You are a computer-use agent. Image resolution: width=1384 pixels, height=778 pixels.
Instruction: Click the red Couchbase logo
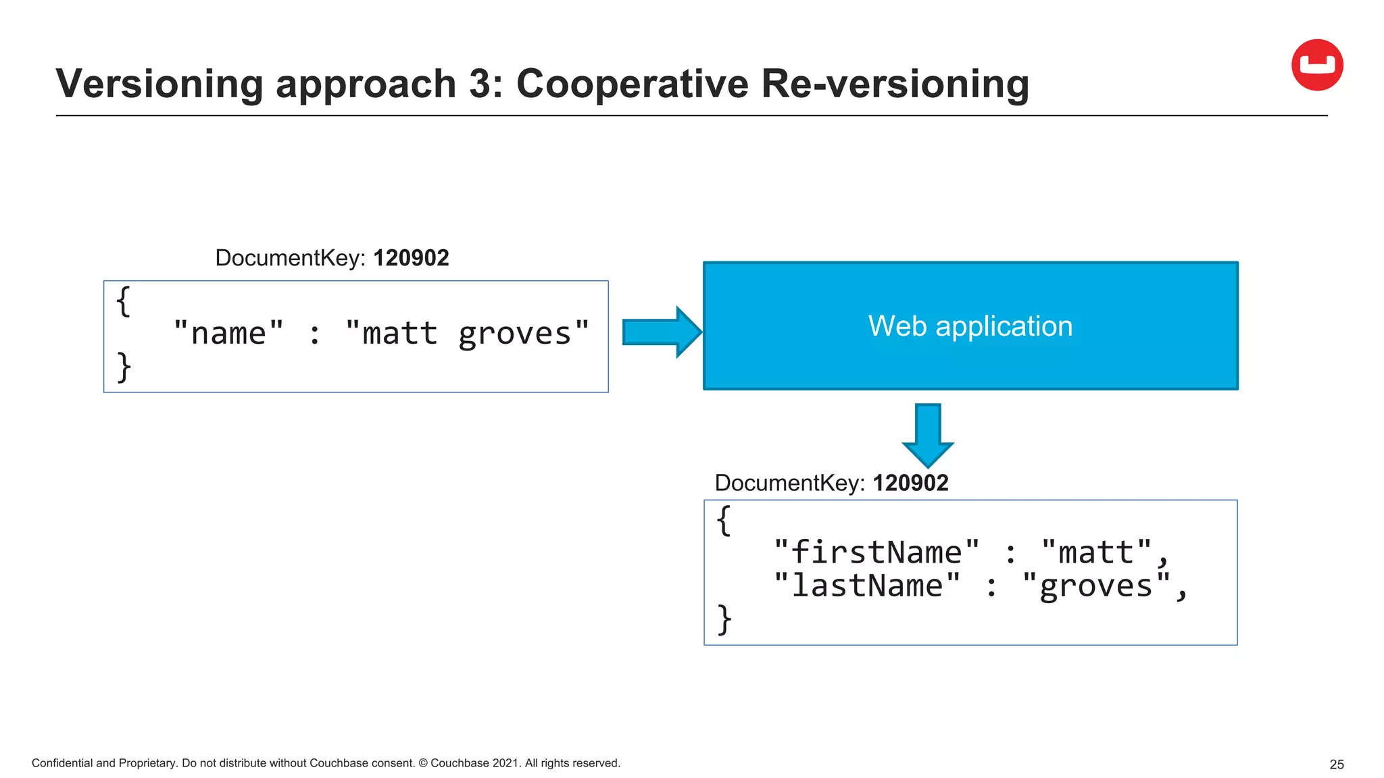point(1316,65)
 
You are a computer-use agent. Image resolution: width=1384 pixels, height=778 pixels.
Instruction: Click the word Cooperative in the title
point(632,84)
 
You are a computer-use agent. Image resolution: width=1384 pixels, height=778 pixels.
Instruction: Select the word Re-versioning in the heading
point(895,84)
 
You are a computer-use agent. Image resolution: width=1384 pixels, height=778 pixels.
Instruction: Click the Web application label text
point(970,326)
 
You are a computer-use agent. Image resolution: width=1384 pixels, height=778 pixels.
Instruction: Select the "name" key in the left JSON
point(228,334)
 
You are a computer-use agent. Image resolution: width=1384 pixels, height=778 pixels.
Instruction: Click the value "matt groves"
point(467,334)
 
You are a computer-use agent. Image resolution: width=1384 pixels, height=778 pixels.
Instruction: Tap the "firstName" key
point(876,552)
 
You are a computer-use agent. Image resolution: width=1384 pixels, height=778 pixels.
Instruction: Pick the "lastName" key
point(866,586)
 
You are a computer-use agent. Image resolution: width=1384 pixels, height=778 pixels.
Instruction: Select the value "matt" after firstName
point(1095,552)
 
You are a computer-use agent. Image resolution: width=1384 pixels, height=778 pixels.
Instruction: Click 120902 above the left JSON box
point(411,258)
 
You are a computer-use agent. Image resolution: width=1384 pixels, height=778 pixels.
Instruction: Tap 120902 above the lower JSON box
point(910,483)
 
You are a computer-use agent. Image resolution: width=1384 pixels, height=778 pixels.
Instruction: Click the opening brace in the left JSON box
point(123,301)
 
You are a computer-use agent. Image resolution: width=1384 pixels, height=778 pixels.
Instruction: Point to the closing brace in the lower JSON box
point(724,619)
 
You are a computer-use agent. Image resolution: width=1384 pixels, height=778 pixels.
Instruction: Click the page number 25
point(1336,764)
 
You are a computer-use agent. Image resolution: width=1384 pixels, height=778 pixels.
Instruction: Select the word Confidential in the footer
point(61,763)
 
